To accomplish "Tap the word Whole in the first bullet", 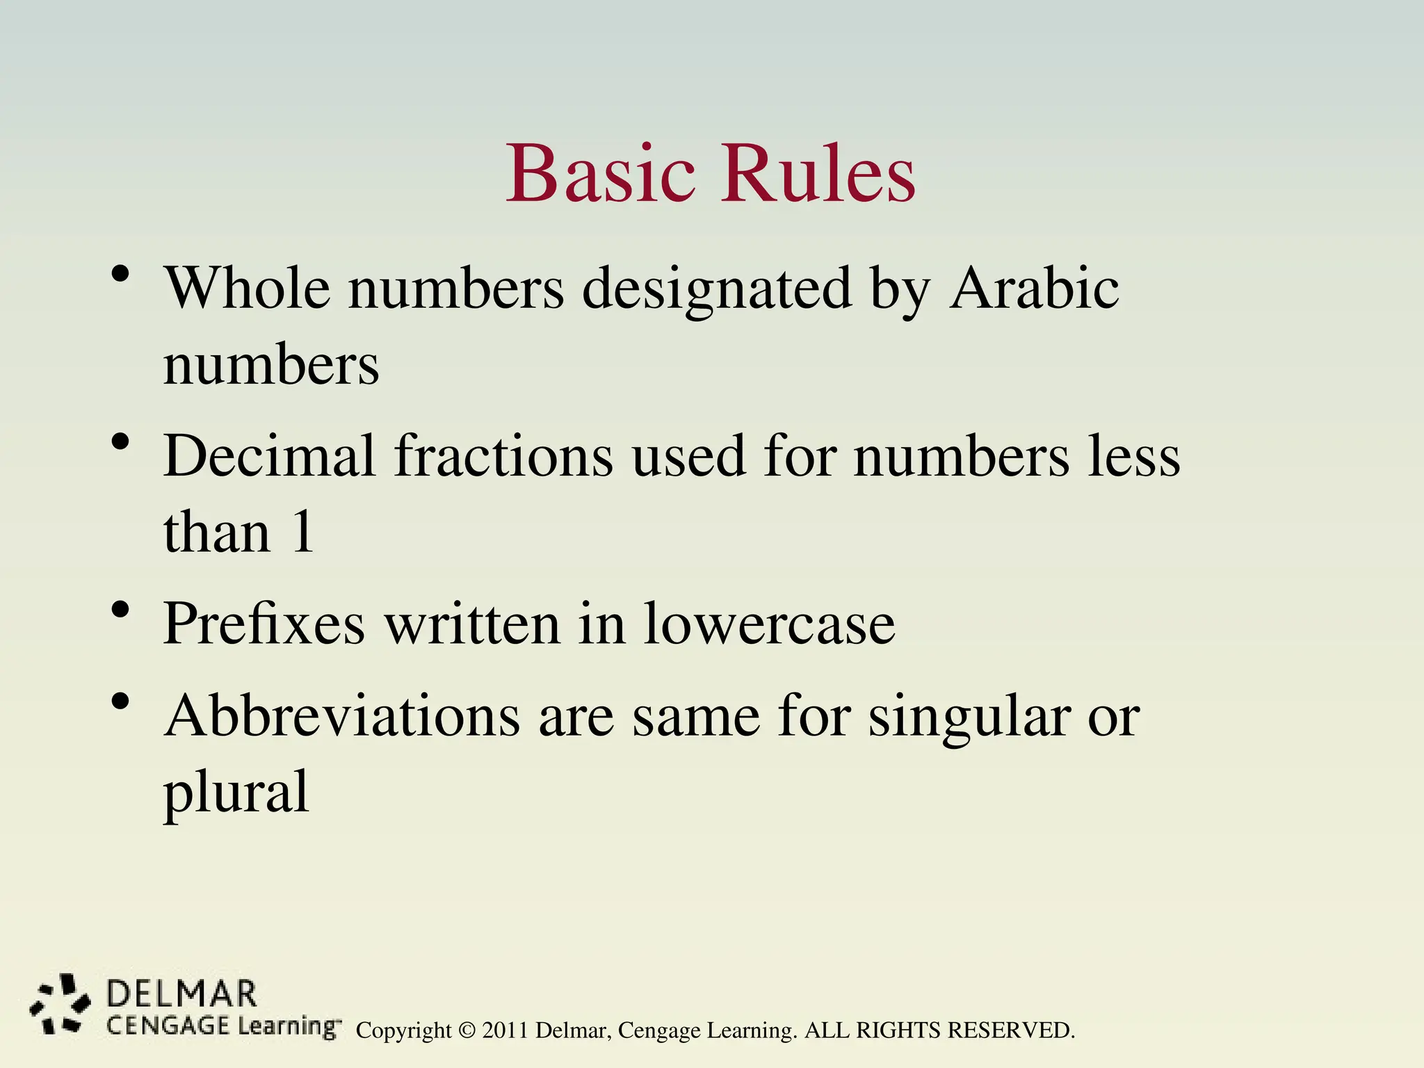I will (x=247, y=288).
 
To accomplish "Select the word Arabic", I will (x=1035, y=288).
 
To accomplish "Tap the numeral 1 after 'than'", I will (x=302, y=532).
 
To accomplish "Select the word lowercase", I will (x=770, y=624).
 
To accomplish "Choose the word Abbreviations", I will (x=342, y=715).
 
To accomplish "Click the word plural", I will (x=236, y=793).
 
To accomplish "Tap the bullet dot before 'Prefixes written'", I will (x=120, y=610).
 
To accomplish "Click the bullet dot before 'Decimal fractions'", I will (x=120, y=442).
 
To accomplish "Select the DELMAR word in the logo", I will (x=181, y=994).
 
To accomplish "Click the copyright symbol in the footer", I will (x=467, y=1030).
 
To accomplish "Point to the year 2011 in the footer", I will (x=505, y=1030).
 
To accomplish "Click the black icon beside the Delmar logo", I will (x=59, y=1004).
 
